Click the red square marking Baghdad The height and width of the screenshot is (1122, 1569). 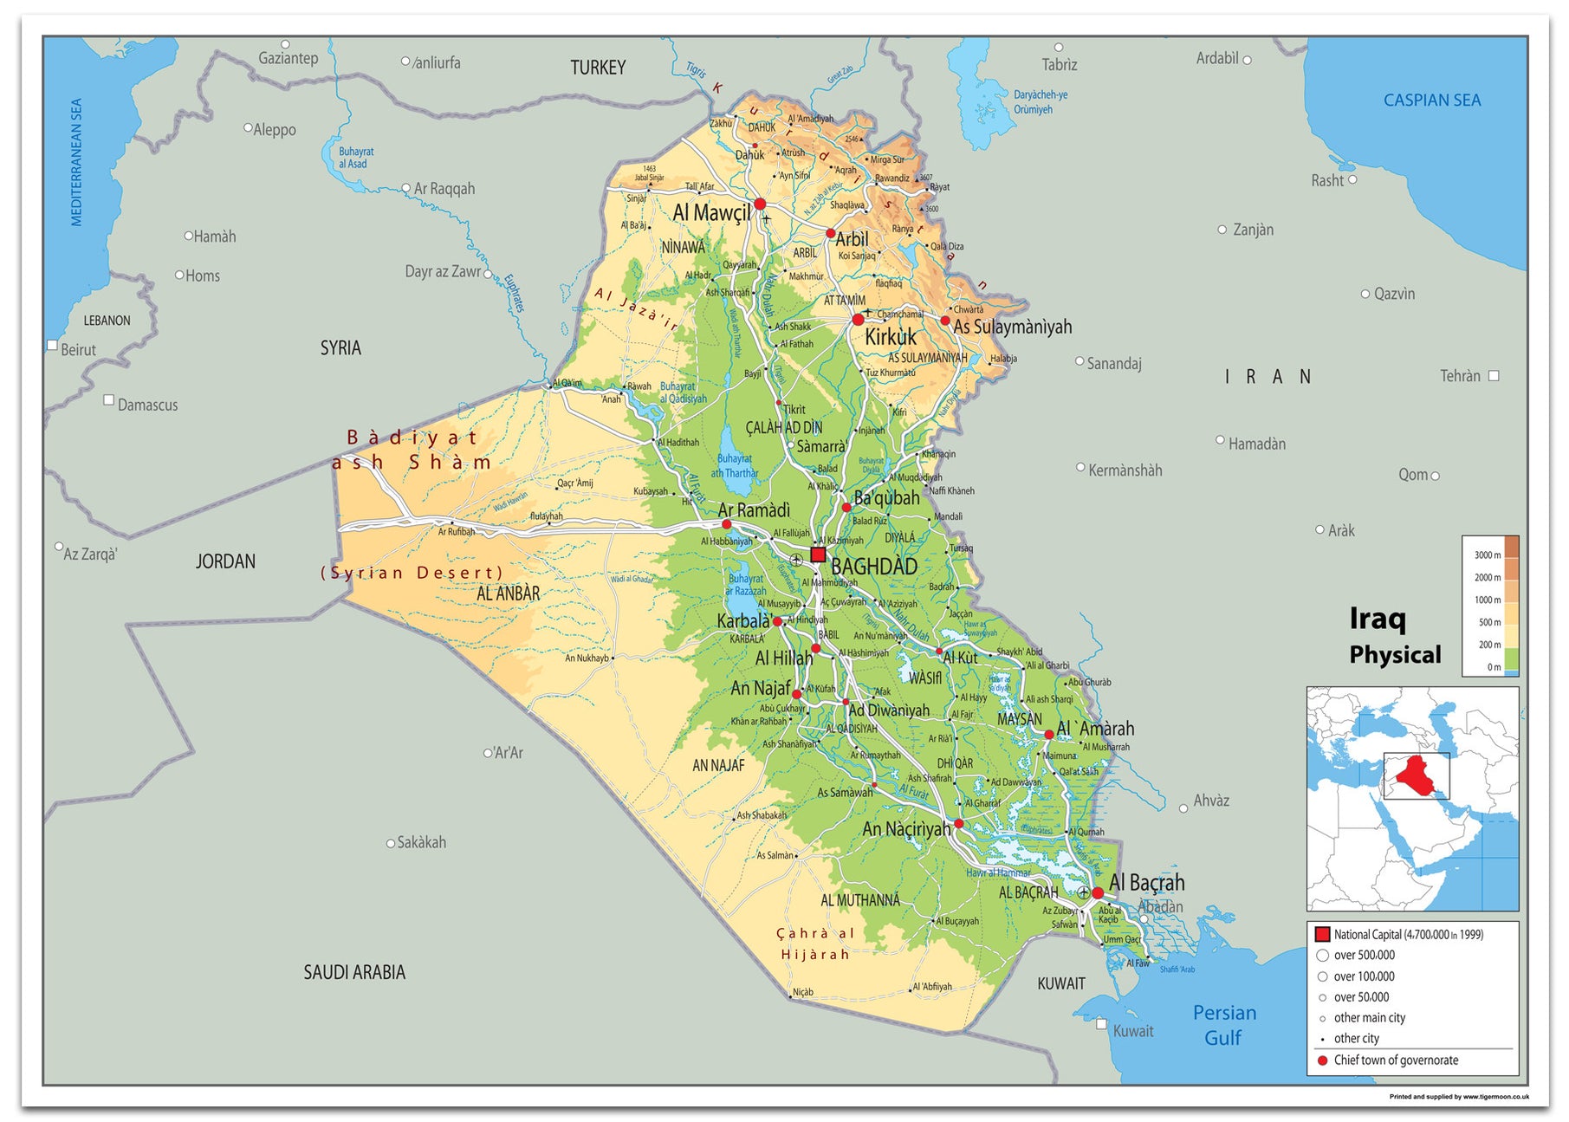[x=818, y=555]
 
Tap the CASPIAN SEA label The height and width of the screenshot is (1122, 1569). [x=1431, y=101]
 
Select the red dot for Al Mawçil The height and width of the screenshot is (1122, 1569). [x=760, y=204]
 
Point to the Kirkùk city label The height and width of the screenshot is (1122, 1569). [x=891, y=337]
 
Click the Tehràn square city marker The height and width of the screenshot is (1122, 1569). [x=1493, y=376]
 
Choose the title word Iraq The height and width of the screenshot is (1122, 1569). [x=1378, y=619]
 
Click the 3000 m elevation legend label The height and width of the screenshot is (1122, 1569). [x=1487, y=555]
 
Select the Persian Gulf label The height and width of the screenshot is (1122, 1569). [x=1223, y=1025]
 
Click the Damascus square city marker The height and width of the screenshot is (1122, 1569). [x=109, y=400]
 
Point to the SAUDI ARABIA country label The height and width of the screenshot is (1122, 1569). [x=354, y=972]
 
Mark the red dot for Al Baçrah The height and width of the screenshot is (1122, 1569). [x=1098, y=892]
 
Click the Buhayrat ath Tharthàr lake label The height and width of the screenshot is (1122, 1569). [x=735, y=466]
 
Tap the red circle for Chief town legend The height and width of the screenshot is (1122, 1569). [x=1322, y=1060]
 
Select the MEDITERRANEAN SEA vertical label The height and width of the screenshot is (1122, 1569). [x=76, y=162]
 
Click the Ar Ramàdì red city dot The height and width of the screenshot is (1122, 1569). [x=726, y=524]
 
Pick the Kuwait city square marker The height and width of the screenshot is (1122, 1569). [x=1101, y=1024]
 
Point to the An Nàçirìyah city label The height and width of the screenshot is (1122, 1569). [x=905, y=829]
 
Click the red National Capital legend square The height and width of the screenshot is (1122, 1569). [x=1322, y=934]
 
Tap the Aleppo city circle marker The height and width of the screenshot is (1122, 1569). [x=248, y=128]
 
